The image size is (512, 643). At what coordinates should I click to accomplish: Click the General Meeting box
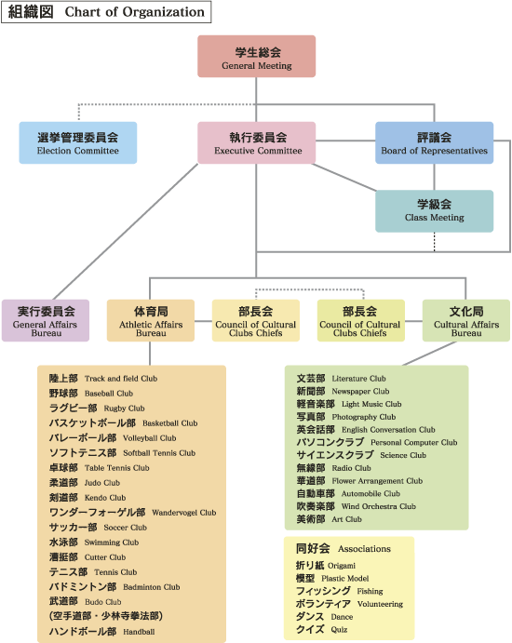pyautogui.click(x=256, y=56)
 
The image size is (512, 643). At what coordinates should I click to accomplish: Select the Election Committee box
pyautogui.click(x=78, y=142)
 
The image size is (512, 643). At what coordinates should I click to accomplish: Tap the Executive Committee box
pyautogui.click(x=256, y=142)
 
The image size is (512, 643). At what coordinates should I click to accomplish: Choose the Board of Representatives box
pyautogui.click(x=434, y=142)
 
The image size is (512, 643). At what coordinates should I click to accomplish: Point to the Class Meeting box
pyautogui.click(x=434, y=211)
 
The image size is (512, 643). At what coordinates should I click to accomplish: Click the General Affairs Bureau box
pyautogui.click(x=46, y=320)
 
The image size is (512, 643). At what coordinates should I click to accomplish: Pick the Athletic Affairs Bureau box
pyautogui.click(x=151, y=320)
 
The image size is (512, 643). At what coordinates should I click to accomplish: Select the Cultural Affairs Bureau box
pyautogui.click(x=466, y=320)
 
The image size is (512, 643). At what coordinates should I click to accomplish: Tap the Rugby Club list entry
pyautogui.click(x=97, y=408)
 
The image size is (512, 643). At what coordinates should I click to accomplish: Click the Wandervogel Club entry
pyautogui.click(x=132, y=512)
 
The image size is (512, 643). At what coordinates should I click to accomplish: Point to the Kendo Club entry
pyautogui.click(x=88, y=498)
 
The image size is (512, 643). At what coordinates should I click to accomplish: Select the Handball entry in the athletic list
pyautogui.click(x=101, y=632)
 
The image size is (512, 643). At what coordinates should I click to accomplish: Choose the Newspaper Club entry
pyautogui.click(x=343, y=391)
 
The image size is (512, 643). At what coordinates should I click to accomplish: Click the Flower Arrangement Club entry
pyautogui.click(x=359, y=480)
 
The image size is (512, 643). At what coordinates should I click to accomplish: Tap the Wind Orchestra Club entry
pyautogui.click(x=357, y=506)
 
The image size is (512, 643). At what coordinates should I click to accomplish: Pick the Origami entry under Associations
pyautogui.click(x=326, y=566)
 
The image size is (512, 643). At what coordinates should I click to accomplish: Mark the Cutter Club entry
pyautogui.click(x=88, y=556)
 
